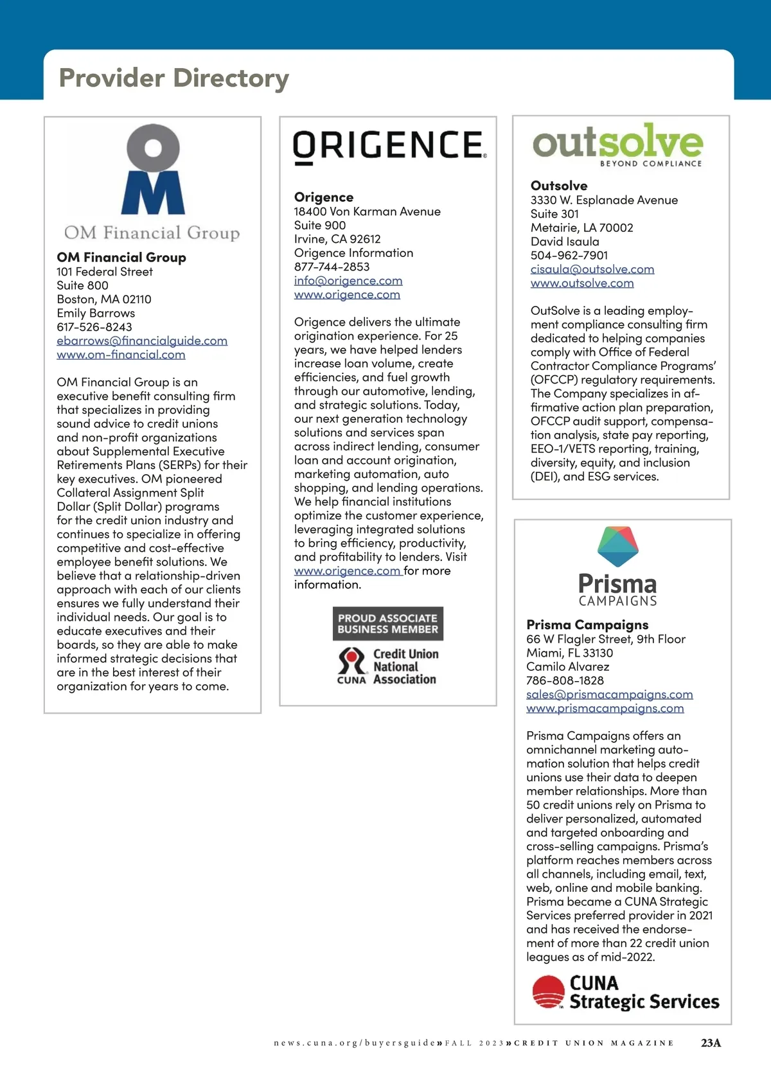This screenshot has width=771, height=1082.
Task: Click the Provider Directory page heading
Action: coord(173,78)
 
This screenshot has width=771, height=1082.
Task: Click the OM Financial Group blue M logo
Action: coord(153,170)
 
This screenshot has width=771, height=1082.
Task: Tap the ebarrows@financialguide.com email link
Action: coord(142,341)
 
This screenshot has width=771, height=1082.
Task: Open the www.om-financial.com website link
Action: coord(121,355)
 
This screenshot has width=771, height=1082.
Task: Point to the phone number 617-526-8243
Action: coord(94,327)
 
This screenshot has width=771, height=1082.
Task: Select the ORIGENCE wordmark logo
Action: coord(389,146)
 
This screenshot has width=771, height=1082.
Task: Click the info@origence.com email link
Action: coord(348,281)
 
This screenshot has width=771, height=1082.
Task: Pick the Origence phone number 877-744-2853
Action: coord(332,267)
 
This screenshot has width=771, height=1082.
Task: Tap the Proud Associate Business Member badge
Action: coord(388,623)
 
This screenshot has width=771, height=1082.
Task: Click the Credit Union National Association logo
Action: coord(387,666)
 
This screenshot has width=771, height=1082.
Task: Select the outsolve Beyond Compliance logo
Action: coord(617,145)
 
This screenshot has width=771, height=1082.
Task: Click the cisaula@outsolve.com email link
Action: coord(592,269)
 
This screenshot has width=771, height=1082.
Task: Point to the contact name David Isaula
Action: coord(565,242)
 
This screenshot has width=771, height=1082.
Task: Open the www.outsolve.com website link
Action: coord(582,283)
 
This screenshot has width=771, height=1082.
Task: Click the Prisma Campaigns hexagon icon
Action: coord(617,546)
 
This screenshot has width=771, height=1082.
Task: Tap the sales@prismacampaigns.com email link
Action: coord(609,695)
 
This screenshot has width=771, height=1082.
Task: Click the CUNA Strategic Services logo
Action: coord(625,993)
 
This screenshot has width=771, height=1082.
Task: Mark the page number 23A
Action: coord(711,1043)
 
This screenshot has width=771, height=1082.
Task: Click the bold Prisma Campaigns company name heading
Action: coord(587,625)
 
